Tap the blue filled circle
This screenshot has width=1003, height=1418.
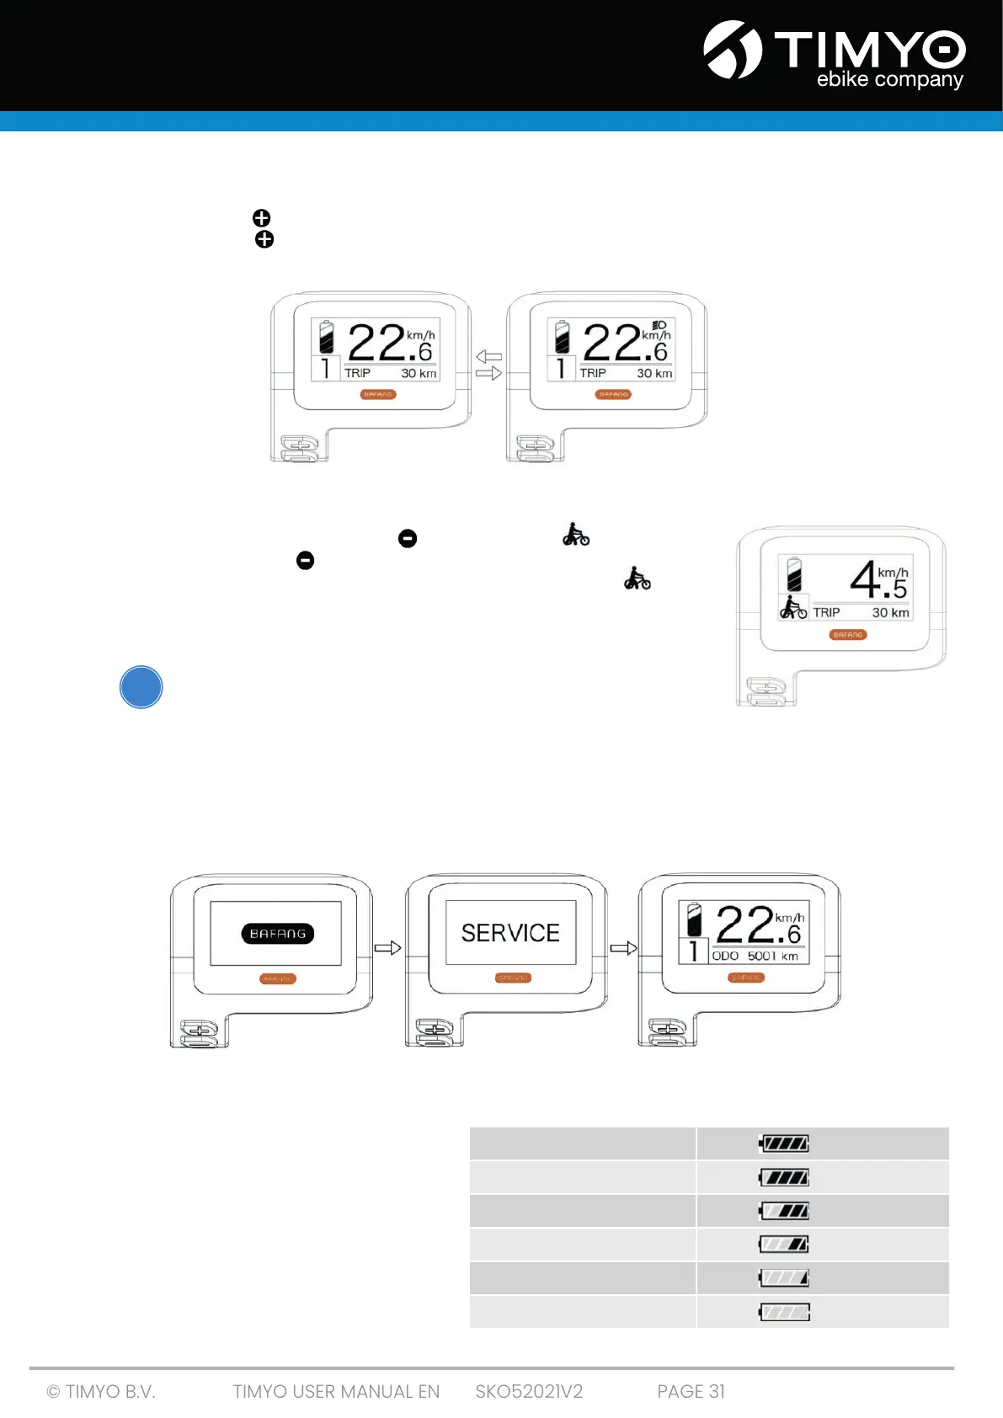click(141, 687)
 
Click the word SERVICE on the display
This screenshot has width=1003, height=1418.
click(510, 933)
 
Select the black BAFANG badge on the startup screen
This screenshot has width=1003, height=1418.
click(278, 934)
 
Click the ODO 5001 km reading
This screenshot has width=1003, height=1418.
click(755, 957)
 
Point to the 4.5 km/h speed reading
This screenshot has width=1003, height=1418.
click(878, 580)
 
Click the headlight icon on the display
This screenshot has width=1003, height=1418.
click(659, 325)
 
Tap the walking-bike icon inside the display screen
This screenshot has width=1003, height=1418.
click(792, 608)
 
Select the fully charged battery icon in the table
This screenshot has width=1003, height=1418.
click(784, 1143)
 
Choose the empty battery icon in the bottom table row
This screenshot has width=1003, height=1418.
click(784, 1312)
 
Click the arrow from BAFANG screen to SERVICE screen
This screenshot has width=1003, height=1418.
click(387, 948)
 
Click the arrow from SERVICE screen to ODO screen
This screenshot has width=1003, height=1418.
click(623, 948)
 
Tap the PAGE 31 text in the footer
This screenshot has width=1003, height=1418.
click(691, 1392)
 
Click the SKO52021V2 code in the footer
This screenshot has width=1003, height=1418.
click(529, 1392)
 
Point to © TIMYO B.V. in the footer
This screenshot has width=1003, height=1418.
click(101, 1392)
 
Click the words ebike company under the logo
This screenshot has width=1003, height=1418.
click(889, 80)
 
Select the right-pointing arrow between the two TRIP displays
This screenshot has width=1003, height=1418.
click(489, 373)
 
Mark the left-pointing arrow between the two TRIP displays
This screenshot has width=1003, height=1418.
click(489, 357)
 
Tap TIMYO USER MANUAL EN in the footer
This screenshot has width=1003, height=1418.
click(336, 1392)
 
